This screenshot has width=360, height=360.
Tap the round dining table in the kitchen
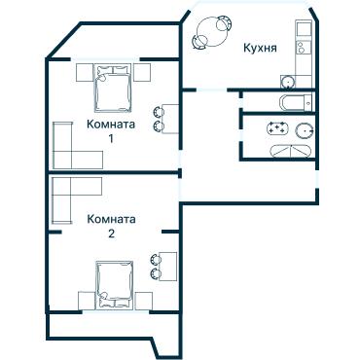coord(209,29)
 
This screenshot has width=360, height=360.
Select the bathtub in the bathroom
coord(292,102)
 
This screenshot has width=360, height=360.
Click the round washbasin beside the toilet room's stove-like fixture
coord(305,130)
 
